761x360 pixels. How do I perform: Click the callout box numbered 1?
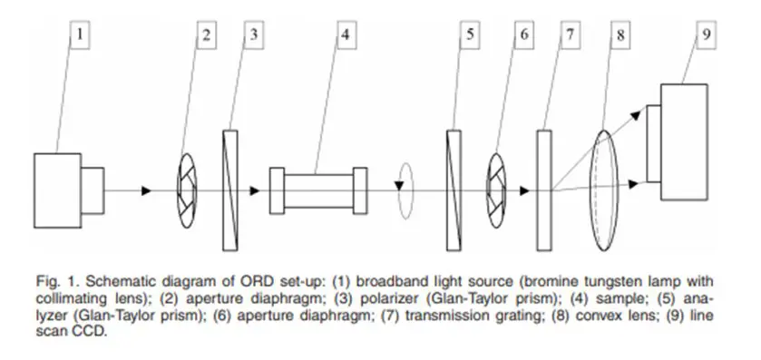coord(81,35)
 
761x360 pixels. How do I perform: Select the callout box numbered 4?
coord(346,35)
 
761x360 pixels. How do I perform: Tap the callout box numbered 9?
coord(707,35)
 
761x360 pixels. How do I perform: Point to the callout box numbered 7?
coord(570,35)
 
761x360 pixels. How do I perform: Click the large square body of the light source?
coord(57,190)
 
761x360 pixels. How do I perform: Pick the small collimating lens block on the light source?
coord(93,190)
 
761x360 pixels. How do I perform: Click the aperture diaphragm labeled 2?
coord(187,190)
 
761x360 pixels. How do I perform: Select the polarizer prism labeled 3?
coord(230,190)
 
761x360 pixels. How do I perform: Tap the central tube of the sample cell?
coord(319,190)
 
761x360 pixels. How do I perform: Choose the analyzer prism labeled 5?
coord(454,190)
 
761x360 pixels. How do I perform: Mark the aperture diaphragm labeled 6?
coord(496,190)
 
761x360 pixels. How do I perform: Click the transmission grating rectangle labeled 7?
coord(544,190)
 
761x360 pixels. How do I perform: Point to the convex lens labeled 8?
coord(604,190)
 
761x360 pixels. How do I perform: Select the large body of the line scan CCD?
coord(684,142)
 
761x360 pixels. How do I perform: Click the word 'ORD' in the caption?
coord(256,281)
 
